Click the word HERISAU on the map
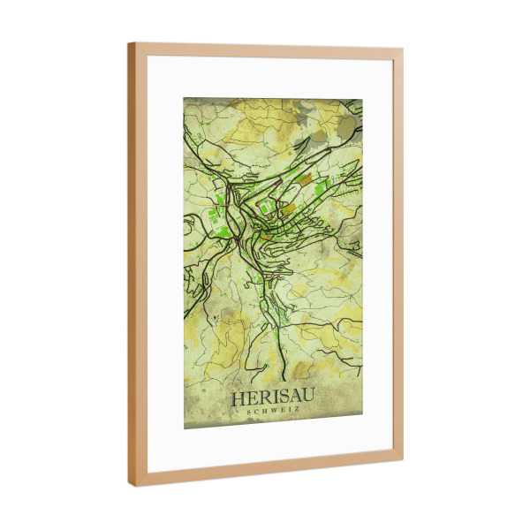(x=274, y=398)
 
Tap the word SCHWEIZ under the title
(x=274, y=412)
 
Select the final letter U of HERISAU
(x=310, y=398)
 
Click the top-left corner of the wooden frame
(x=129, y=42)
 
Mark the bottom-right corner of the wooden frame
(x=403, y=460)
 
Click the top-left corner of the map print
(x=184, y=98)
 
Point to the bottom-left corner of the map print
(x=184, y=429)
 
